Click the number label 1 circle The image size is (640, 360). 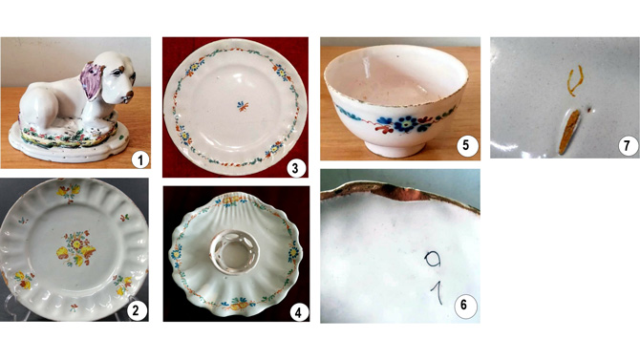point(140,160)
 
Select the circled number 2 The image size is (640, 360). point(136,311)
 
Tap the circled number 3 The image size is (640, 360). point(295,168)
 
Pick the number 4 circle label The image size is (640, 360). point(298,312)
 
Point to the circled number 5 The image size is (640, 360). point(466,146)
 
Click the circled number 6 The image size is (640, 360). point(464,305)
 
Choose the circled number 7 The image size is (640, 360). point(628,145)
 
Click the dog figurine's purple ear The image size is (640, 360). point(92,80)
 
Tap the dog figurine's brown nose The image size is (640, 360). point(129,95)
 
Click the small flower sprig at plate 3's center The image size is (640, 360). point(243,107)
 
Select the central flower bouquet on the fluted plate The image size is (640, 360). point(76,248)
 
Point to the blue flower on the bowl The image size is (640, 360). point(406,123)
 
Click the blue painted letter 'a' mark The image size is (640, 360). point(433,259)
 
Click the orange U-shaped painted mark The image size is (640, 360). point(575,81)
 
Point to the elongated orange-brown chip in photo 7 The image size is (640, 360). point(568,132)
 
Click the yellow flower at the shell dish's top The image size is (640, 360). point(231,200)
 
